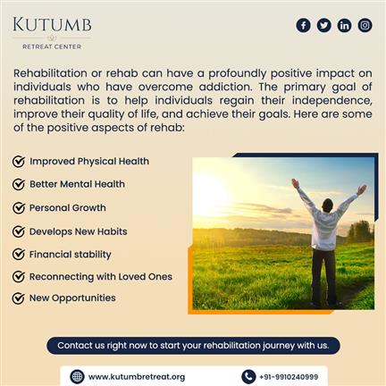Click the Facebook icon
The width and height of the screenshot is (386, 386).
pos(303,25)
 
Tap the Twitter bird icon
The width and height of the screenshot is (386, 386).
pos(323,25)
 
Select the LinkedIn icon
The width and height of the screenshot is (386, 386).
pos(344,25)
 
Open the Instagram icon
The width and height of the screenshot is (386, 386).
pos(365,25)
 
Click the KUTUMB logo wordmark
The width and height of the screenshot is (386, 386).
pos(52,24)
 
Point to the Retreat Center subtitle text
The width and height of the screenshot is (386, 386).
pos(52,46)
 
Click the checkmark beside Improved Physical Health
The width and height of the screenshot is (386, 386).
pos(19,162)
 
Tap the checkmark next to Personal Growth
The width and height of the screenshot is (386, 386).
pos(19,208)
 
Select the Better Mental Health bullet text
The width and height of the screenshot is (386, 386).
pos(77,184)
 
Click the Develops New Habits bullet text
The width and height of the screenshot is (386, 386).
pos(79,231)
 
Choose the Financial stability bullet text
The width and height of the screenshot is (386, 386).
pos(71,255)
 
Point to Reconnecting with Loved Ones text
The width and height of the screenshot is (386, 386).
pos(101,277)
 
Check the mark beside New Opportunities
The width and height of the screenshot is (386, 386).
pos(19,298)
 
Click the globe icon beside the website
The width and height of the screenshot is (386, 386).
pos(77,377)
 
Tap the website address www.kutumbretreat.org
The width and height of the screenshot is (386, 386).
pos(137,377)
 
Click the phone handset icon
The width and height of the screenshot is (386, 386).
pos(248,377)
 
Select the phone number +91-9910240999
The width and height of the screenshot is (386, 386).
pos(289,377)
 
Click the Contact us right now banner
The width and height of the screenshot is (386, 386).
pos(193,346)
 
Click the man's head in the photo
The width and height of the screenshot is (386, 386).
pos(328,205)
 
